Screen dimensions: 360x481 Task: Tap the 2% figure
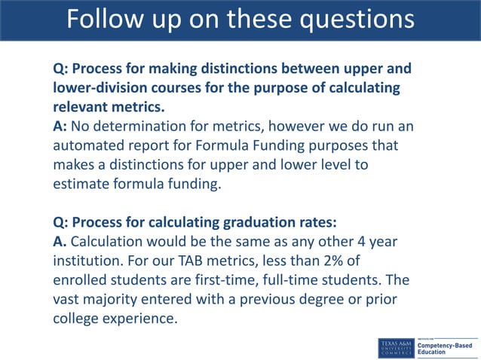point(358,261)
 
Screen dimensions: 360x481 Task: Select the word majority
point(114,299)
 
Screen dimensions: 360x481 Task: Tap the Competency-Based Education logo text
point(451,346)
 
